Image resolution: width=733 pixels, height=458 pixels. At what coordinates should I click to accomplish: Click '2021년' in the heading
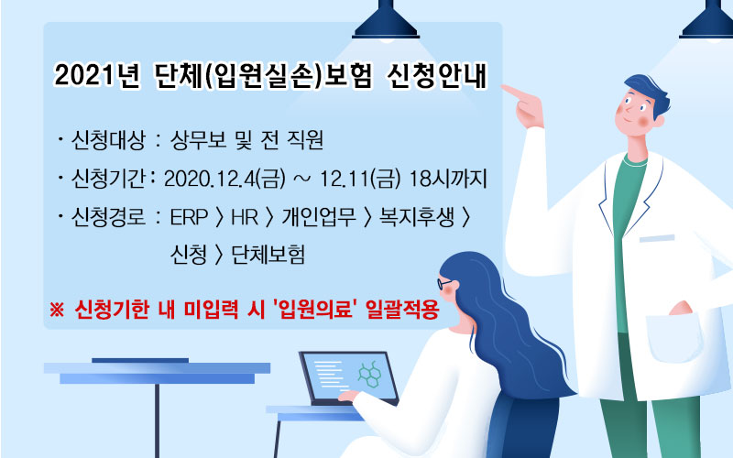click(x=97, y=75)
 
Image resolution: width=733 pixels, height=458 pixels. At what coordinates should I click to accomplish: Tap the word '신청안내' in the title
click(x=437, y=75)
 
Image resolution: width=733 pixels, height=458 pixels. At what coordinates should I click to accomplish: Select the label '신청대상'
click(x=108, y=140)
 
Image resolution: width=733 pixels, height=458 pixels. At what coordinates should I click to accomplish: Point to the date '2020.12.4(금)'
click(x=224, y=179)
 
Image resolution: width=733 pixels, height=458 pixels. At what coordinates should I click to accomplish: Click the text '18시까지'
click(x=448, y=179)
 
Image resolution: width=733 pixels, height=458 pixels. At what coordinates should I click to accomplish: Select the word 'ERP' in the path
click(x=189, y=217)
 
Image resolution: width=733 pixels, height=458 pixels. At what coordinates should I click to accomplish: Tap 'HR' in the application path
click(x=245, y=217)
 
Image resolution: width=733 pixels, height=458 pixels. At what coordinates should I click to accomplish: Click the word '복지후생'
click(x=417, y=217)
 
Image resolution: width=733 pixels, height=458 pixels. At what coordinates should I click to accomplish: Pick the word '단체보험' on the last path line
click(x=268, y=255)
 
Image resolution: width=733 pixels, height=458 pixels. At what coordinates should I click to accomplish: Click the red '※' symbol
click(x=57, y=310)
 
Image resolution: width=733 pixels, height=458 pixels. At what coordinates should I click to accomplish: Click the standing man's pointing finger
click(x=514, y=91)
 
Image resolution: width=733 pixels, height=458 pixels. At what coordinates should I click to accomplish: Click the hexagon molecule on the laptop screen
click(x=370, y=374)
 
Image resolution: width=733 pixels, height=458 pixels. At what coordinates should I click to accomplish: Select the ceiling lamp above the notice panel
click(x=386, y=21)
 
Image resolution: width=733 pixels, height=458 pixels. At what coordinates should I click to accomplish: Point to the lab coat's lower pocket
click(x=675, y=337)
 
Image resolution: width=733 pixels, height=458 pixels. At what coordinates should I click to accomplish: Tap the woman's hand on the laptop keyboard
click(x=347, y=396)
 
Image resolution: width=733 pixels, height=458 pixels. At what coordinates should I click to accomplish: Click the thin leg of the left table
click(x=157, y=420)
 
